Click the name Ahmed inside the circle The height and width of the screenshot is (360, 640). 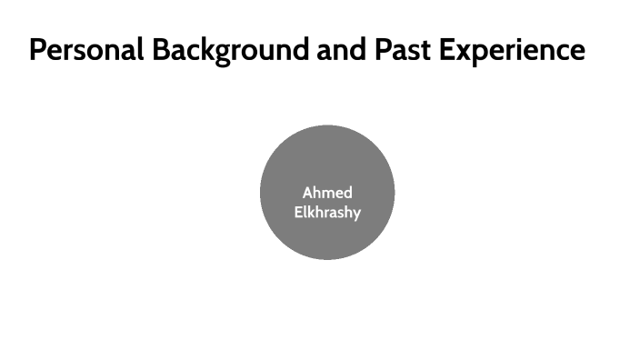[327, 193]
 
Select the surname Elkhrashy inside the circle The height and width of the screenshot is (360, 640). [327, 213]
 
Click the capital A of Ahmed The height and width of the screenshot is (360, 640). [307, 193]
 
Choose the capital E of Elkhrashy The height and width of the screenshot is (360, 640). [297, 213]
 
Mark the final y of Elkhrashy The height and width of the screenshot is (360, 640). [356, 215]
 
